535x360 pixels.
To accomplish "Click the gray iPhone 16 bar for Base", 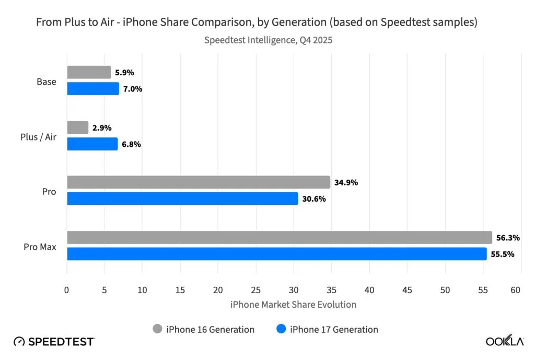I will (x=89, y=72).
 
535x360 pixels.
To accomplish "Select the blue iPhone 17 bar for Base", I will (x=93, y=89).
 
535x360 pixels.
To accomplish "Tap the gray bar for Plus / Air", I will (x=78, y=127).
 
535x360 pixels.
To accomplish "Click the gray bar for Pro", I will (x=199, y=182).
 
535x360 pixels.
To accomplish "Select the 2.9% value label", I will (x=102, y=127).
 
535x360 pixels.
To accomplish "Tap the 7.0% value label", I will (x=132, y=89).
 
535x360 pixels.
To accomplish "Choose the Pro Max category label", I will (x=40, y=247).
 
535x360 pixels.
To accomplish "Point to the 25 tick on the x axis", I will (x=256, y=290).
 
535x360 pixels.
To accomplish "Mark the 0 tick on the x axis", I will (x=67, y=290).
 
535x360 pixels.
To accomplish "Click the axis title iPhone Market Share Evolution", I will (x=293, y=305).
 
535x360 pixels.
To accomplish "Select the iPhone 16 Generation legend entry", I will (x=203, y=329).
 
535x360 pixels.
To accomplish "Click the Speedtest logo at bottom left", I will (x=54, y=342).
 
